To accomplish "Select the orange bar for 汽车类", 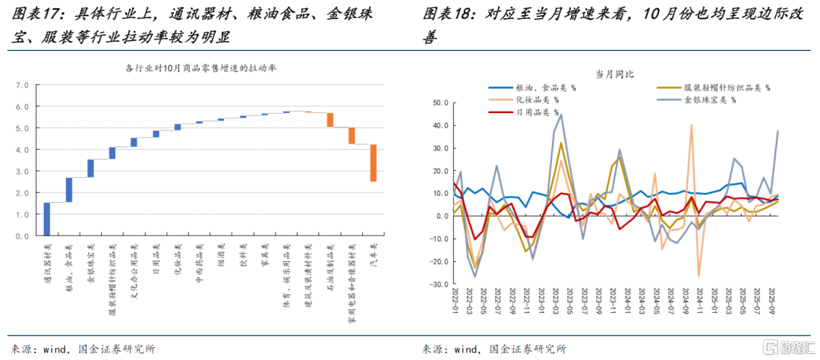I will pyautogui.click(x=374, y=163).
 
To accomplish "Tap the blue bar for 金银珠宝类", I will pyautogui.click(x=90, y=168).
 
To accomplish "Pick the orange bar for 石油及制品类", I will pyautogui.click(x=330, y=119).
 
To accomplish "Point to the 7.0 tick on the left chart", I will pyautogui.click(x=22, y=85).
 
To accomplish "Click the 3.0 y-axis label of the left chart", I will pyautogui.click(x=22, y=172).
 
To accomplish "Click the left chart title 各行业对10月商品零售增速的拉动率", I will pyautogui.click(x=200, y=68).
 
